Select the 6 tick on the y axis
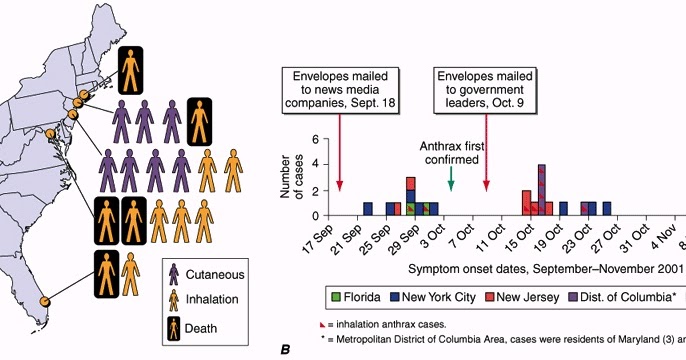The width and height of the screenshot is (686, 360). coord(315,141)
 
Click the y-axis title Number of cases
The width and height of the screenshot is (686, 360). coord(291,178)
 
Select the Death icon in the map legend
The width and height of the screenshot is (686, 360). coord(177,327)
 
